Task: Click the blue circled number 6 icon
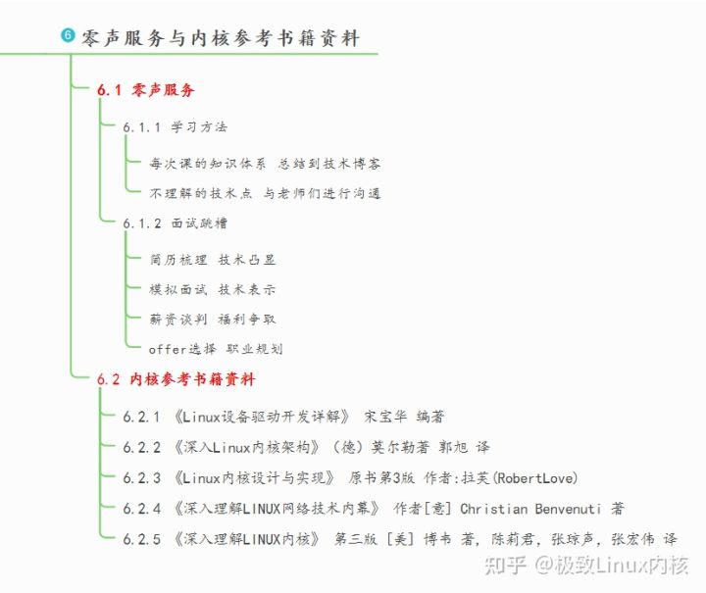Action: tap(68, 35)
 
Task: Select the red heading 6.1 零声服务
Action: tap(146, 90)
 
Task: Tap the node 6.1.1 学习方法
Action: tap(176, 127)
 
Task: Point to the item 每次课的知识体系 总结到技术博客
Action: tap(265, 164)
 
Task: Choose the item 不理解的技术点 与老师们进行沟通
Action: tap(265, 193)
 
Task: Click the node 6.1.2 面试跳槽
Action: tap(176, 223)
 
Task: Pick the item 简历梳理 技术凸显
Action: tap(213, 260)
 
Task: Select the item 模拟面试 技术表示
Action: tap(213, 289)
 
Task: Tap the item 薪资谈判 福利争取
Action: tap(213, 319)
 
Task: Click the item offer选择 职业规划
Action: tap(216, 348)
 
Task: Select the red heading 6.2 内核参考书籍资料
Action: tap(176, 379)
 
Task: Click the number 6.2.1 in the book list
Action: tap(141, 417)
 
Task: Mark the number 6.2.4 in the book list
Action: tap(141, 509)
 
